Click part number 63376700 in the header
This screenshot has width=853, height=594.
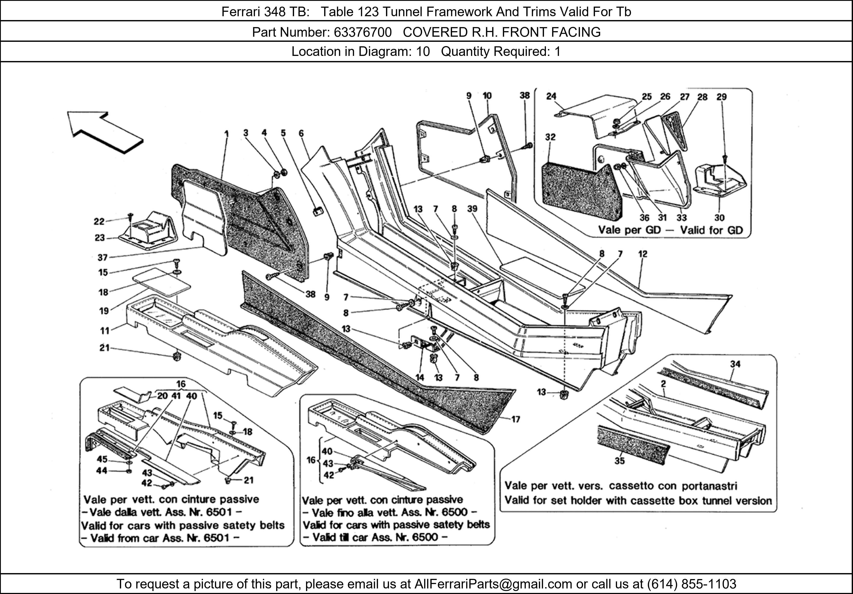363,32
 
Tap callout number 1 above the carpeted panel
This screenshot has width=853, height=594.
226,133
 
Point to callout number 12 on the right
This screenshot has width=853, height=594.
643,254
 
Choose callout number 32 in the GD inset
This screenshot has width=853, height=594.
550,137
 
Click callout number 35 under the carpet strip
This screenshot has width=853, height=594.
619,461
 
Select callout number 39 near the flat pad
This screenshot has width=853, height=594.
472,209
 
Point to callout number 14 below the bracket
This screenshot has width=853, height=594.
420,378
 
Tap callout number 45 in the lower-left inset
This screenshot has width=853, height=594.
102,459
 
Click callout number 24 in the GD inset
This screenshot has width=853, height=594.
551,96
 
